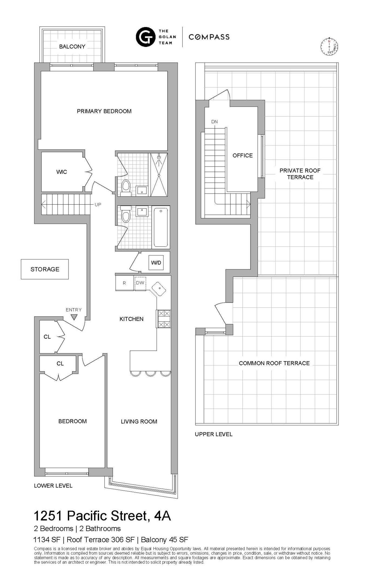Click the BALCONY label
[72, 46]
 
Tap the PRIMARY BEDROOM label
[104, 111]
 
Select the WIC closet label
[62, 172]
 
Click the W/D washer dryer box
[156, 263]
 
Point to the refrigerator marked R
[124, 283]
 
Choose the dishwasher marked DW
[140, 283]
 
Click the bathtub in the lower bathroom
[161, 227]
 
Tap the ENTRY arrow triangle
[74, 317]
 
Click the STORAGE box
[45, 269]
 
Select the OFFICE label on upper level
[242, 155]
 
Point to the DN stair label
[214, 122]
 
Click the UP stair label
[98, 205]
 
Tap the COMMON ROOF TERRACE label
[274, 363]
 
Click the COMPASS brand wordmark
[209, 37]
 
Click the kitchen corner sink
[159, 289]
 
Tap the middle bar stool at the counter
[150, 373]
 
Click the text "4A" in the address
[162, 516]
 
